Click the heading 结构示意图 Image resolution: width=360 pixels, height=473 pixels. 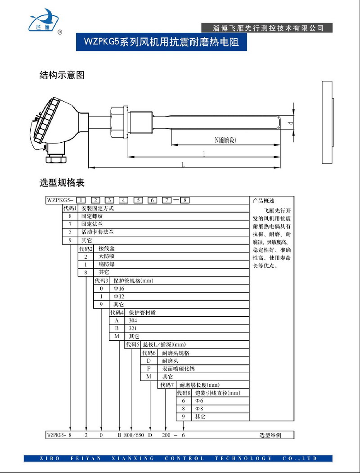[x=62, y=75]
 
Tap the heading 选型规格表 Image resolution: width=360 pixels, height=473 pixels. [x=62, y=183]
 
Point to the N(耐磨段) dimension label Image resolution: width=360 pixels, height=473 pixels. [x=225, y=140]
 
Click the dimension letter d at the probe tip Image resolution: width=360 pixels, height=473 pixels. [x=291, y=122]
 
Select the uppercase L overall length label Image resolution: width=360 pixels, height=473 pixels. [x=183, y=164]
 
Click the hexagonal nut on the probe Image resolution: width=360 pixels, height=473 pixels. [x=118, y=122]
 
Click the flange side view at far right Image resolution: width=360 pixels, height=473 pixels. [x=327, y=122]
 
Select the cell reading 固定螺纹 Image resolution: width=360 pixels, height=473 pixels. [x=92, y=216]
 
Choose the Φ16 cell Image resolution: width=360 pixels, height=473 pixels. [x=119, y=288]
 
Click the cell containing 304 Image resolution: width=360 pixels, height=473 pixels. [x=133, y=320]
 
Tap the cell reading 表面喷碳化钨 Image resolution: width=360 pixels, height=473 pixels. [x=179, y=369]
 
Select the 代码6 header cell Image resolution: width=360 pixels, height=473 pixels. [x=149, y=353]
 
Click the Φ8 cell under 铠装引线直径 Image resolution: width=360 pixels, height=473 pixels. [x=199, y=409]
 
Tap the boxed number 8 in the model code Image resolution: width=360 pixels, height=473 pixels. [x=184, y=200]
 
